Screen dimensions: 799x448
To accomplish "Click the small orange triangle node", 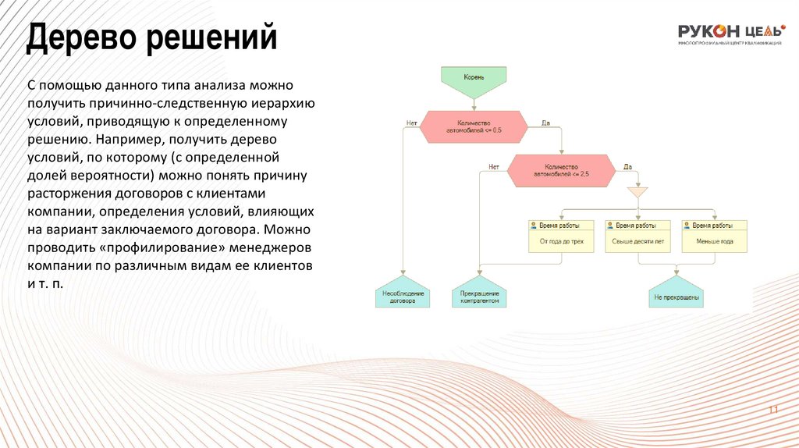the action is click(637, 191).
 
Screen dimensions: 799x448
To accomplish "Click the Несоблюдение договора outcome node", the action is click(403, 295).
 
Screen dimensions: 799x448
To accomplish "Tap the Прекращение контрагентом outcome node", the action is click(479, 295).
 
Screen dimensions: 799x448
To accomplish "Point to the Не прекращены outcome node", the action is click(676, 295).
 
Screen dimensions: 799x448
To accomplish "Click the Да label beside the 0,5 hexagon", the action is click(545, 122).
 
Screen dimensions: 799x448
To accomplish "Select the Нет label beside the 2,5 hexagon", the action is click(493, 166).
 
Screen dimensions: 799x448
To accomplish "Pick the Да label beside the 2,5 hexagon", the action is click(627, 166).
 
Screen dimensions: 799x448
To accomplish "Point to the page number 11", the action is click(774, 411).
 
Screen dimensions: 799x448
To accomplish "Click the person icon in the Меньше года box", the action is click(687, 225).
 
